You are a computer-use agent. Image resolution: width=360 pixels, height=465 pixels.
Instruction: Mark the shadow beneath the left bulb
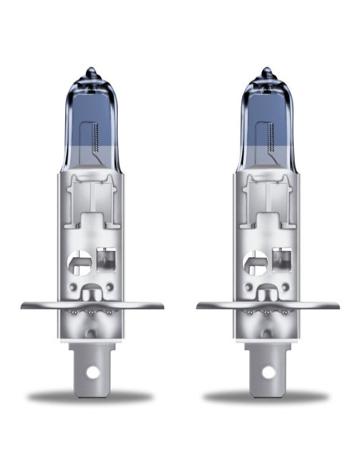point(92,396)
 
